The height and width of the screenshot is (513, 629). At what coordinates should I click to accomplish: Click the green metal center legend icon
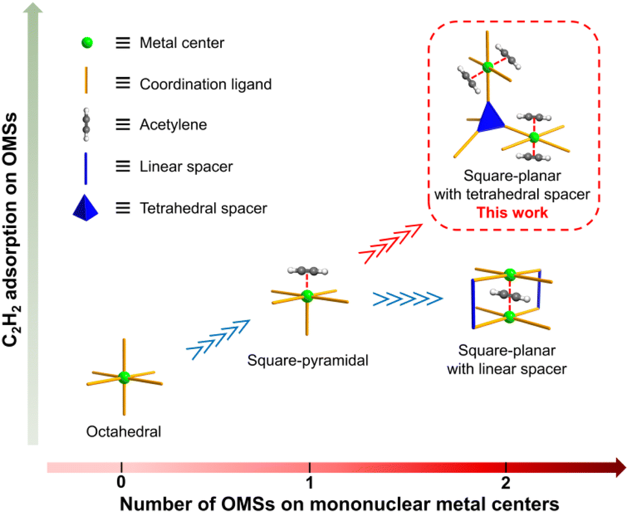pyautogui.click(x=87, y=43)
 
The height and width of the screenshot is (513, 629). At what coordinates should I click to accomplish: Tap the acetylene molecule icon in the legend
pyautogui.click(x=87, y=124)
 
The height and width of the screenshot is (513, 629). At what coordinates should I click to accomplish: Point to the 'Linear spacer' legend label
pyautogui.click(x=186, y=167)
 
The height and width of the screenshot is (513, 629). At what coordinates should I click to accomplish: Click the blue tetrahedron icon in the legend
pyautogui.click(x=87, y=207)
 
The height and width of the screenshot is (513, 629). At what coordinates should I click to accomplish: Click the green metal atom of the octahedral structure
pyautogui.click(x=124, y=376)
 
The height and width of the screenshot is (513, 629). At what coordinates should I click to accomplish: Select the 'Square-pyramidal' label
pyautogui.click(x=307, y=361)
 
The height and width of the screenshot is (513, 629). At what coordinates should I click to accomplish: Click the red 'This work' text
pyautogui.click(x=512, y=212)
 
